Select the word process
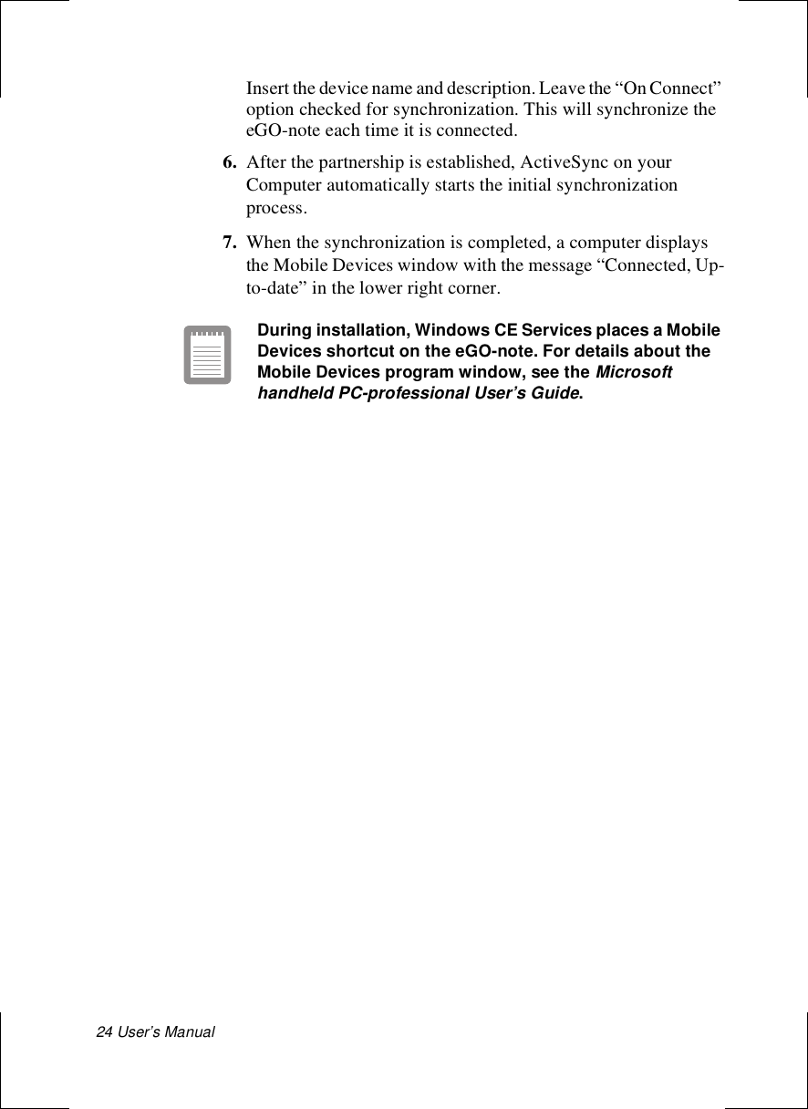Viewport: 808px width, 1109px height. click(x=276, y=208)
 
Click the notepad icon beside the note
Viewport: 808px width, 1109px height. click(x=207, y=355)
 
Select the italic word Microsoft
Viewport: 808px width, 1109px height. click(x=634, y=373)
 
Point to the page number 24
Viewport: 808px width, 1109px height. click(x=105, y=1031)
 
